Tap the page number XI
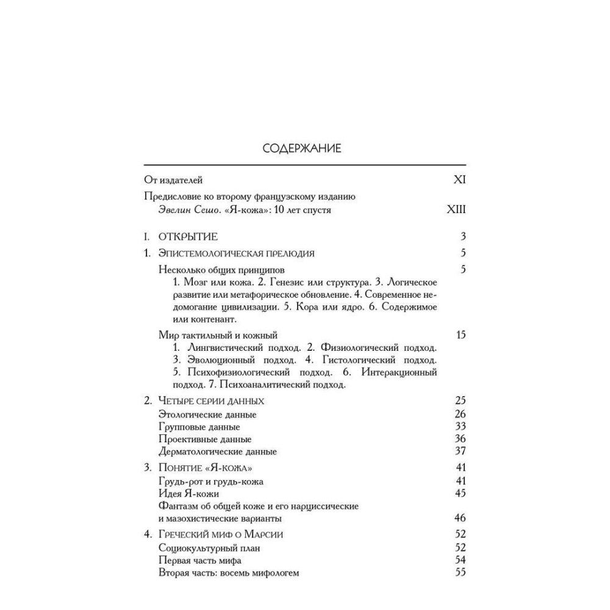coord(459,180)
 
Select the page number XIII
coord(456,210)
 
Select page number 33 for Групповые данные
coord(461,426)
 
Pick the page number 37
coord(461,451)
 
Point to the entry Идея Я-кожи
coord(188,493)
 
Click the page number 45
coord(461,493)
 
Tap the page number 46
coord(461,518)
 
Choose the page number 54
coord(461,560)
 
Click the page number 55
coord(461,573)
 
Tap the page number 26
coord(461,414)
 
